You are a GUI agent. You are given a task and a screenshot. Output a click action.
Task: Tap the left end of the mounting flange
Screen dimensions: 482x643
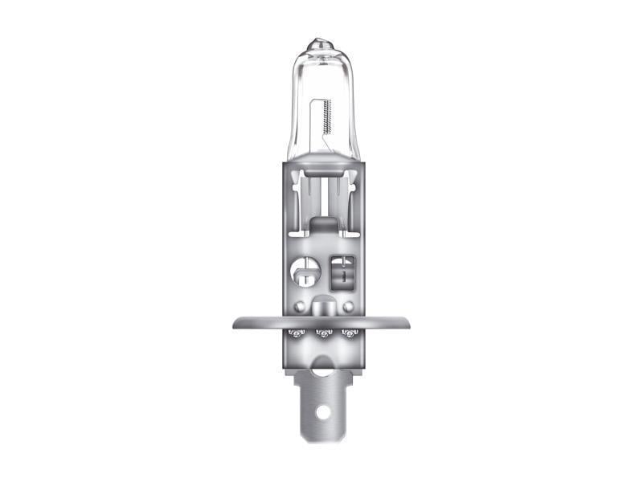(236, 322)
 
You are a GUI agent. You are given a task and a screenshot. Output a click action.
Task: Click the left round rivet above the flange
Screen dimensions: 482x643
(299, 307)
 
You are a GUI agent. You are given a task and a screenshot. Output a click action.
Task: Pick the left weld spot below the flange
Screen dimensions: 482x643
(295, 333)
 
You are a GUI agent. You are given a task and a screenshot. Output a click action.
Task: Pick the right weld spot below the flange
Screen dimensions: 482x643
(349, 333)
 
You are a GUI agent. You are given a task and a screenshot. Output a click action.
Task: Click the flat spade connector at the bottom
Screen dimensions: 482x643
(322, 402)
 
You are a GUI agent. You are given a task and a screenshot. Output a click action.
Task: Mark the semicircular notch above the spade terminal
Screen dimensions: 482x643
(322, 370)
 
